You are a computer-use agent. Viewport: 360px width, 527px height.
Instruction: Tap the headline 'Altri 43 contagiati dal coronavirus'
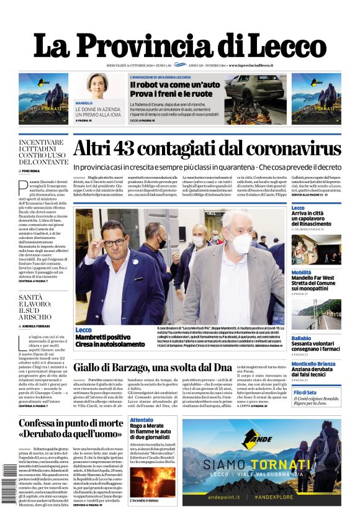[207, 150]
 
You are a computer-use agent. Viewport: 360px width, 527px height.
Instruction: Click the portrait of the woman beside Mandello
[97, 85]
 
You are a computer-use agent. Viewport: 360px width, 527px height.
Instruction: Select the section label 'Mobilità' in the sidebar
[302, 272]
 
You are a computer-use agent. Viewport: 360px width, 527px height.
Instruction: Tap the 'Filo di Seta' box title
[305, 393]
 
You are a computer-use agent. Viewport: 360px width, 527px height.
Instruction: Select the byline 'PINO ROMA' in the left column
[30, 171]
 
